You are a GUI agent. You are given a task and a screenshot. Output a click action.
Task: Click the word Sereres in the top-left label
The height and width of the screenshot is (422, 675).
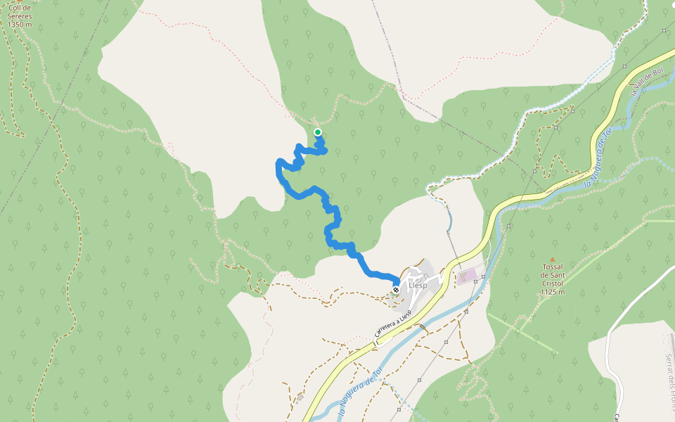click(20, 15)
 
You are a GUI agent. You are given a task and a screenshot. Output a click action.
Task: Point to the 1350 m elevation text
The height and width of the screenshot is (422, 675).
click(20, 24)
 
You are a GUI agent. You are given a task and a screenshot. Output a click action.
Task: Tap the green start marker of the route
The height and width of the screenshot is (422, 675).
click(317, 132)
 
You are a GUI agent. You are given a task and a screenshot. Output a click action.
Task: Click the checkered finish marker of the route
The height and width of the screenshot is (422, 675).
click(397, 289)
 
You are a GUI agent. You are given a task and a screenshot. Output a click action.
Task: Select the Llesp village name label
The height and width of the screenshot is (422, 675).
click(418, 286)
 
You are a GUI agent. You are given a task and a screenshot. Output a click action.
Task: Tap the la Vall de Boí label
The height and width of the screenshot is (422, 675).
click(647, 82)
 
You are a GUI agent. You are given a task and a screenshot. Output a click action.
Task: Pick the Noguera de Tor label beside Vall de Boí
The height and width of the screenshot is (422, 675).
click(595, 162)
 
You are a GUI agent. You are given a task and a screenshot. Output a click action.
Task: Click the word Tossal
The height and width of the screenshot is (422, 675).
click(553, 267)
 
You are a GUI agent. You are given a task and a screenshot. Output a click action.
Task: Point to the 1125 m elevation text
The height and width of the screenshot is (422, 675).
click(553, 292)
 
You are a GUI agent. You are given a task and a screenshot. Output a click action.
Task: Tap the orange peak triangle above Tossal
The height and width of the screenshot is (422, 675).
click(552, 259)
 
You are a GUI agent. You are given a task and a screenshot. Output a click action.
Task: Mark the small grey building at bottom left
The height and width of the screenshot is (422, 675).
click(300, 397)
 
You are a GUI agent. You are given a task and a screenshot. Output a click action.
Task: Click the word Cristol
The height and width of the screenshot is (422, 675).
click(553, 283)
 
